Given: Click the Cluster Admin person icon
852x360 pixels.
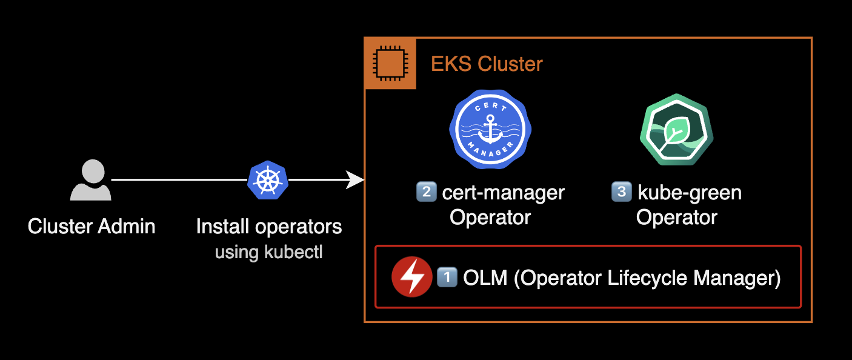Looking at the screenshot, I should pos(91,180).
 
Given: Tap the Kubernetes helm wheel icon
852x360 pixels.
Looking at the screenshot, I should pos(267,180).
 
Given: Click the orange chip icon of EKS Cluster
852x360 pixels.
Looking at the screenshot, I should pos(390,63).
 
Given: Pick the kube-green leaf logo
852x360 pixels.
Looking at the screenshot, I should pos(676,130).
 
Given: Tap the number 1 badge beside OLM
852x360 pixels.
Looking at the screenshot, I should pos(447,278).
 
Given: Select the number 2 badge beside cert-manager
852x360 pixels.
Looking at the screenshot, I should pos(427,193).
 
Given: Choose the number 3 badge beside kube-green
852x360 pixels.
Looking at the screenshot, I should pos(622,193).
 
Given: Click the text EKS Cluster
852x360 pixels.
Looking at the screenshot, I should pos(487,64).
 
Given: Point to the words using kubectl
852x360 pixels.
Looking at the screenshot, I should pos(268,252).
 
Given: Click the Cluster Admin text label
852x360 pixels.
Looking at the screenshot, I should pos(92,227).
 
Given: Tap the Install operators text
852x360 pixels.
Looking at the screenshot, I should pos(268,227).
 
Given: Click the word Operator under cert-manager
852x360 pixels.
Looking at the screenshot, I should pos(490,217).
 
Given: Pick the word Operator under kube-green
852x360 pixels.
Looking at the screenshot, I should pos(676,217).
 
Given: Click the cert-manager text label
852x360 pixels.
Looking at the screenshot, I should pos(503,193).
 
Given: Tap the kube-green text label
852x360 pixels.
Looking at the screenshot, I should pos(690,193).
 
